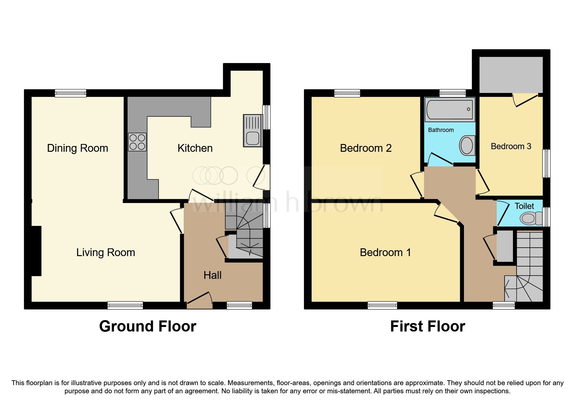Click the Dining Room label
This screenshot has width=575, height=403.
click(x=77, y=148)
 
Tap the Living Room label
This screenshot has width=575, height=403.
click(x=106, y=253)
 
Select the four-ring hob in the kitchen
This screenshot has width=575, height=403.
click(x=137, y=142)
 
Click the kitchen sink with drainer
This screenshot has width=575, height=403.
click(x=253, y=131)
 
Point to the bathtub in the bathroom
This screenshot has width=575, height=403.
click(x=450, y=110)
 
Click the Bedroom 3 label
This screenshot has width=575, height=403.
click(x=511, y=146)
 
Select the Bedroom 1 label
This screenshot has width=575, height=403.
click(x=385, y=253)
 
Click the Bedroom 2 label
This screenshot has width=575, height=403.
click(x=366, y=148)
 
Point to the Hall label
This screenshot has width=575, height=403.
click(x=212, y=275)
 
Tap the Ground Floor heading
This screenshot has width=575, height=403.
click(x=148, y=326)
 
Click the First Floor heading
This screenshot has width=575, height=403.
click(x=428, y=326)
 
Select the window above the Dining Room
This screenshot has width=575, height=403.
click(x=70, y=93)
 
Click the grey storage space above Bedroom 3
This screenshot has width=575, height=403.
click(x=511, y=75)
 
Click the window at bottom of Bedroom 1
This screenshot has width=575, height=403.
click(x=382, y=305)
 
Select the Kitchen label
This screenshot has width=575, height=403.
click(x=195, y=148)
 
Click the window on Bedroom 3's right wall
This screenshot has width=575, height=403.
click(x=546, y=163)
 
